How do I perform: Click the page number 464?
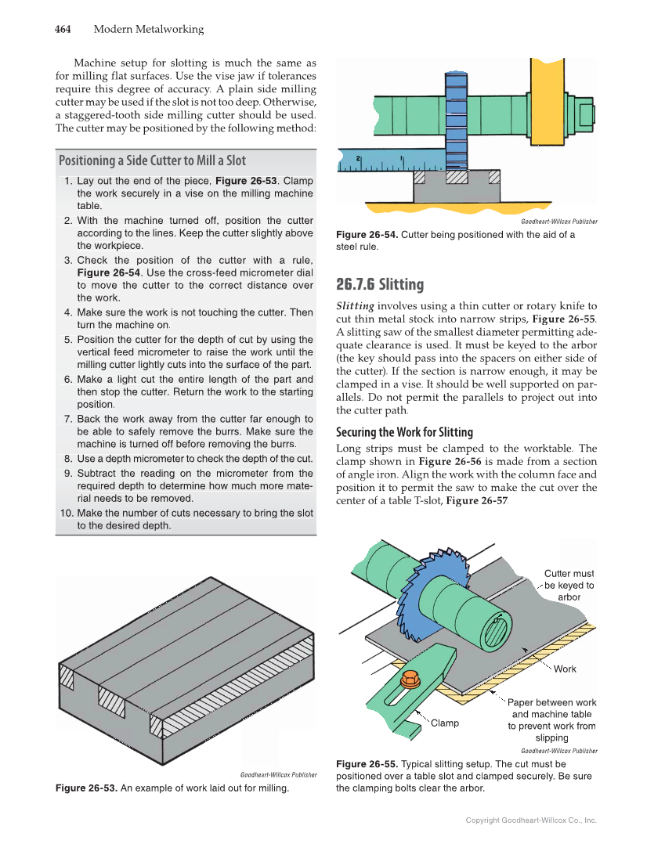pos(63,30)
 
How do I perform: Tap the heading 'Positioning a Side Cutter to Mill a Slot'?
pos(152,160)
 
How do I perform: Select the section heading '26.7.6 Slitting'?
pos(380,283)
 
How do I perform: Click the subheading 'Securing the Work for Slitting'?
pos(404,432)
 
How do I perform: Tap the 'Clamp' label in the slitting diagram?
pos(445,723)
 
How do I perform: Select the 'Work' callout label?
pos(565,669)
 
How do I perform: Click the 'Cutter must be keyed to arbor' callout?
pos(569,585)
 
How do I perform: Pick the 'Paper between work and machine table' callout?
pos(551,719)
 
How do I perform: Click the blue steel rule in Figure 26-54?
pos(376,161)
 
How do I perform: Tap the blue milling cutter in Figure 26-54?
pos(455,117)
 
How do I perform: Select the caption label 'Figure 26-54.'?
pos(367,234)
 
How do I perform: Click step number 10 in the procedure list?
pos(66,513)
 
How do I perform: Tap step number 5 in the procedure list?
pos(68,339)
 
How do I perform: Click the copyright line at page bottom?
pos(531,820)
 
